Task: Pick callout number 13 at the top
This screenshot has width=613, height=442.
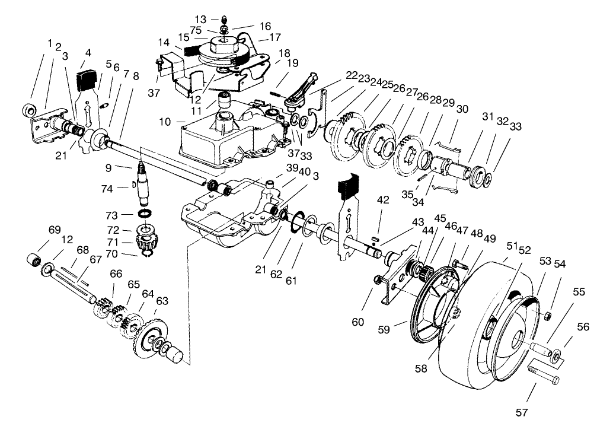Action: pos(201,20)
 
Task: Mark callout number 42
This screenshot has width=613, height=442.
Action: pos(384,201)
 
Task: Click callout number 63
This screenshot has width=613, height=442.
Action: pos(162,302)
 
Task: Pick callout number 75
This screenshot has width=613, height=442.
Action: pos(196,31)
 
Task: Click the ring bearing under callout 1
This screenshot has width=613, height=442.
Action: pos(27,110)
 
